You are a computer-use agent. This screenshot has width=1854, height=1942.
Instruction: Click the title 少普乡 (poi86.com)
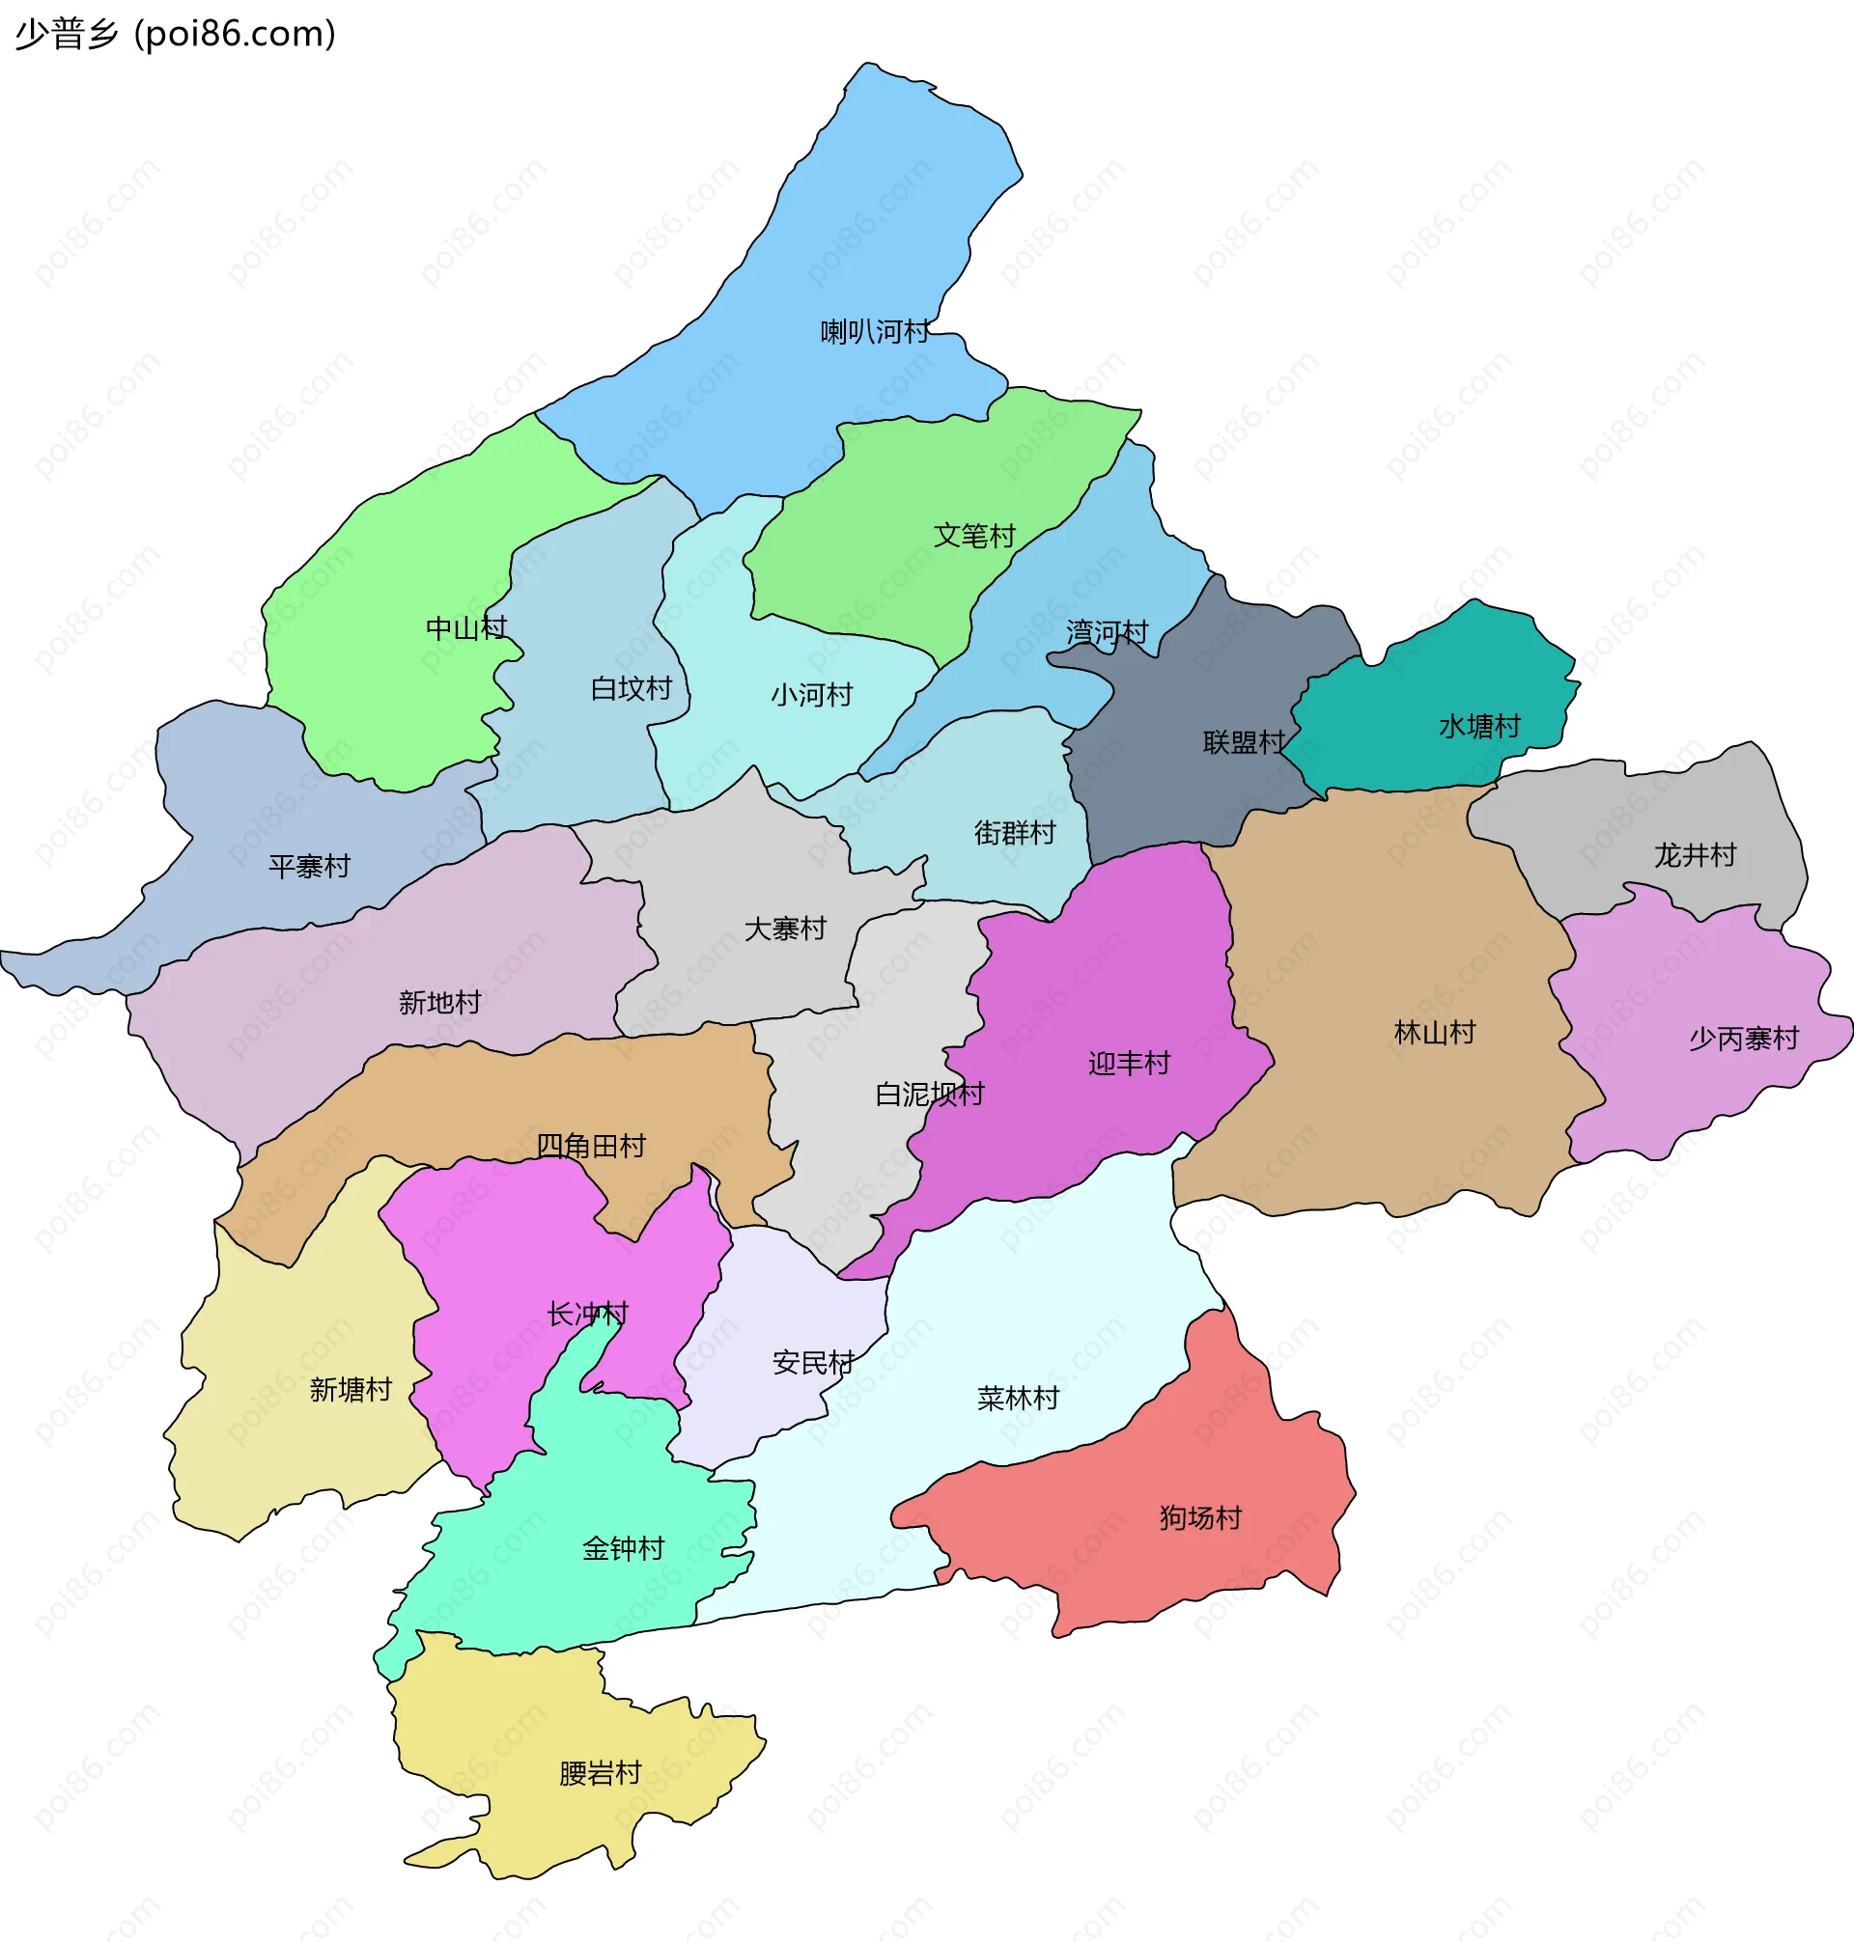click(x=176, y=34)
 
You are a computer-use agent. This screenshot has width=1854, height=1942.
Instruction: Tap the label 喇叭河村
click(x=875, y=332)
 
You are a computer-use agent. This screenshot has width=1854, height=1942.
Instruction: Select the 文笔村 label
click(x=974, y=537)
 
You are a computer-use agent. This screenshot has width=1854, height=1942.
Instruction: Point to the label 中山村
click(x=465, y=628)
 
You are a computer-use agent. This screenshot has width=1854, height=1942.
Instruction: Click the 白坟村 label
click(x=631, y=688)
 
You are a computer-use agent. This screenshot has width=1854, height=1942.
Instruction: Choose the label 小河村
click(x=811, y=695)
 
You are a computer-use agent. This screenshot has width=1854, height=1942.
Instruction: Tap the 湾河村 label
click(x=1107, y=632)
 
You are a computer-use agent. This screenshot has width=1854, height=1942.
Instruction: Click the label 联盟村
click(x=1245, y=742)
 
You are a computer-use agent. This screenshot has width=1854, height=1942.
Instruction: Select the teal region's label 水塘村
click(x=1479, y=727)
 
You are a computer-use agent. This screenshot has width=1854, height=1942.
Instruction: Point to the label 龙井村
click(x=1695, y=855)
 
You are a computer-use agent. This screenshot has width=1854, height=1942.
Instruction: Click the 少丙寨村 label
click(x=1743, y=1040)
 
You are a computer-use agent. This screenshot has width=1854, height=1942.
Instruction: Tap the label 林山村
click(x=1434, y=1033)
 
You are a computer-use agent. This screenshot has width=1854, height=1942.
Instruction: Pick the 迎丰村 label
click(x=1129, y=1064)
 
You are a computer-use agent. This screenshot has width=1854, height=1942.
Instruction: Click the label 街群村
click(x=1015, y=834)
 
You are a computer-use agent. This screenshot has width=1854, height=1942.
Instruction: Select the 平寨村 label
click(x=309, y=868)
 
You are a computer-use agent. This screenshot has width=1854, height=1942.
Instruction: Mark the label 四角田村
click(x=590, y=1146)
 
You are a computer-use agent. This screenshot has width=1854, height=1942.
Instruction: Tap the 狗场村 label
click(x=1199, y=1518)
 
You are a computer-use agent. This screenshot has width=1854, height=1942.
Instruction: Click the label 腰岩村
click(x=600, y=1774)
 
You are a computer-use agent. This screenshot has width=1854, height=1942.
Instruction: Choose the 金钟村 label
click(x=623, y=1549)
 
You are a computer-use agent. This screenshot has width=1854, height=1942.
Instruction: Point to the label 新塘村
click(x=351, y=1391)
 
